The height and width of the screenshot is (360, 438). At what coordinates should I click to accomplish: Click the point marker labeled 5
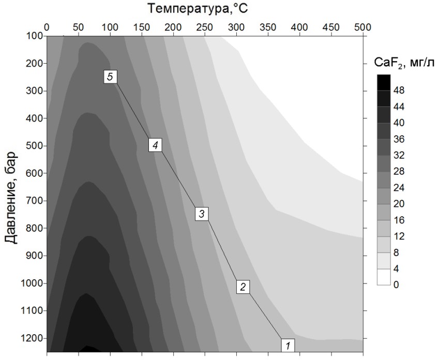tap(110, 77)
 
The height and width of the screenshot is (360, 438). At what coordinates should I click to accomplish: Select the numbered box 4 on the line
tap(155, 145)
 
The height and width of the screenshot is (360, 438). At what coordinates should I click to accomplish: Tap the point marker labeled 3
tap(202, 214)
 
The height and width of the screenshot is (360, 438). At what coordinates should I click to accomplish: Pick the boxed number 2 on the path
tap(243, 287)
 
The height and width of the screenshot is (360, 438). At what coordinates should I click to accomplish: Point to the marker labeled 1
tap(288, 344)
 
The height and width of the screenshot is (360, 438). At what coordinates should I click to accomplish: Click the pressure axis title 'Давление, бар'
tap(11, 197)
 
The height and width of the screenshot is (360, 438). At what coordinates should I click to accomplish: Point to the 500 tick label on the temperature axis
tap(363, 26)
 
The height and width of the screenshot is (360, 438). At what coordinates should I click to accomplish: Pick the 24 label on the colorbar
tap(399, 188)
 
